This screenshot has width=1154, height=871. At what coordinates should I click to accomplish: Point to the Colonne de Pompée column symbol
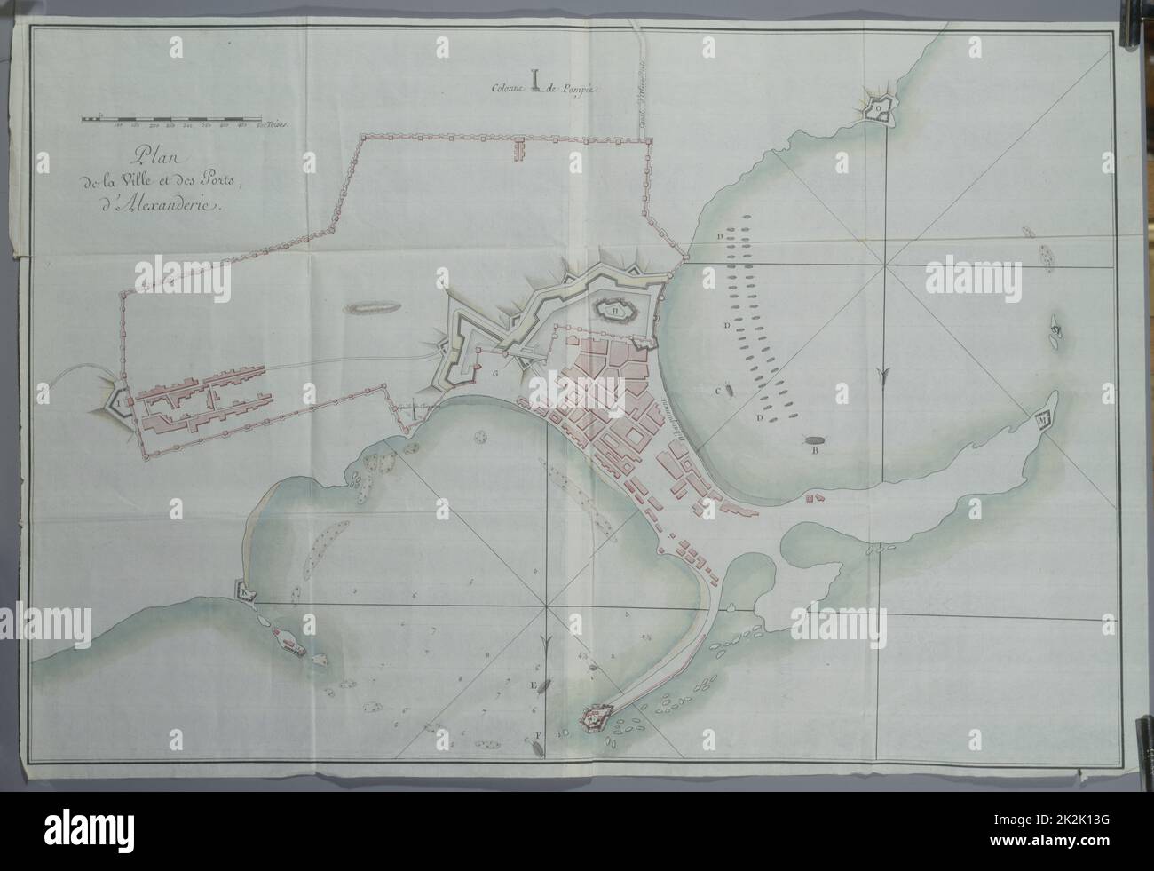(536, 81)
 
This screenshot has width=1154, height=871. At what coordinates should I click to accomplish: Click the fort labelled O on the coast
(878, 108)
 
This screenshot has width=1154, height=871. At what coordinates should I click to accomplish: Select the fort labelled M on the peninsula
(1043, 417)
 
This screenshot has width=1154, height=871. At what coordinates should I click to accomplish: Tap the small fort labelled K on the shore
(243, 590)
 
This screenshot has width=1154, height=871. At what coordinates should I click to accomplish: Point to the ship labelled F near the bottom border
(538, 744)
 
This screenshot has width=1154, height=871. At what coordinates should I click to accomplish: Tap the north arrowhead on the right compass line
(881, 380)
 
